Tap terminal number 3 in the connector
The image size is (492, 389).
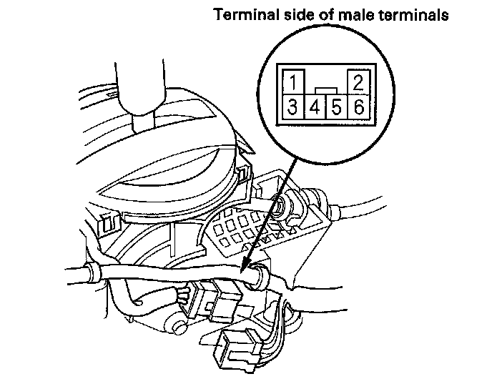tap(293, 107)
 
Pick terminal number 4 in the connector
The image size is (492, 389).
tap(315, 108)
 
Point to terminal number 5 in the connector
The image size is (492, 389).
tap(337, 108)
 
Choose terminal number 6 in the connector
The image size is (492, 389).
tap(358, 107)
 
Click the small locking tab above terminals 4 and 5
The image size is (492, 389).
tap(325, 91)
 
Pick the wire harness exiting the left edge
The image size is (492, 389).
tap(79, 275)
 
